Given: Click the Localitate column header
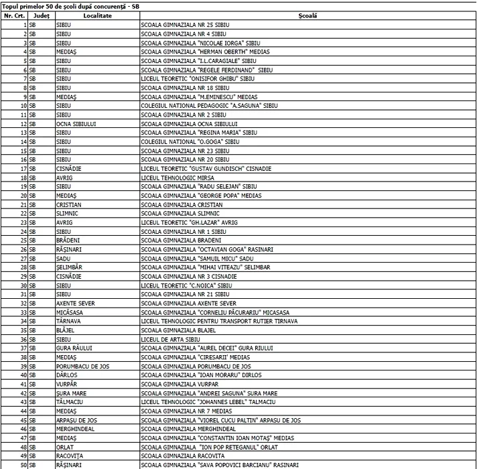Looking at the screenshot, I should pyautogui.click(x=97, y=15).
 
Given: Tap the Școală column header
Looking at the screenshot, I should pyautogui.click(x=308, y=15).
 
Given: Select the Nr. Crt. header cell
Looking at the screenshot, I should pyautogui.click(x=14, y=15).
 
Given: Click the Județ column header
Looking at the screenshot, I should pyautogui.click(x=42, y=15).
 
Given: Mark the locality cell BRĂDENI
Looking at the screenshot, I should pyautogui.click(x=68, y=240).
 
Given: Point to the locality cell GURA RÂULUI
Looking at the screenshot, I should pyautogui.click(x=74, y=348).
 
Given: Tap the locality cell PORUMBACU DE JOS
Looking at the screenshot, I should pyautogui.click(x=80, y=366).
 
